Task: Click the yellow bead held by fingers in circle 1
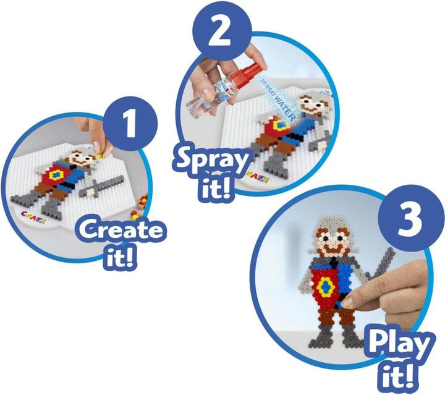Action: [x=99, y=146]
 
